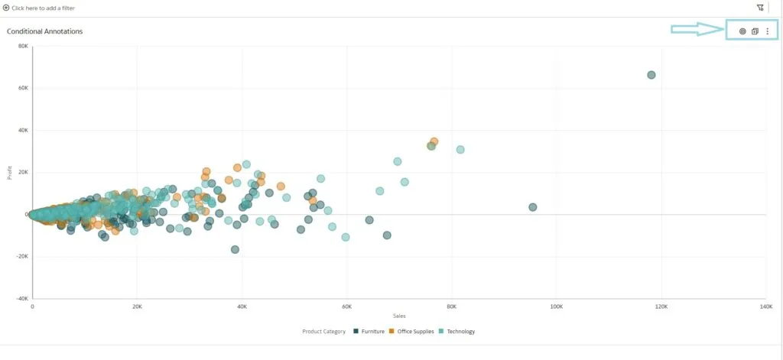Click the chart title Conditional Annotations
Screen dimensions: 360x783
[x=44, y=31]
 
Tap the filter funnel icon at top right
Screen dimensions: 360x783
[x=760, y=8]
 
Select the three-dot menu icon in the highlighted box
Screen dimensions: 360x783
[x=768, y=31]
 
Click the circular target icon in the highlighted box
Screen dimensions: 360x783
[x=742, y=31]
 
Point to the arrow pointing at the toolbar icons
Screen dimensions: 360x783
[x=697, y=30]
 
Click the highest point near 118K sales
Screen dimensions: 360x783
[x=651, y=75]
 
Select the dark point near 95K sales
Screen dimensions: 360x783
[x=533, y=207]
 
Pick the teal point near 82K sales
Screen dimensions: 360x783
[x=460, y=150]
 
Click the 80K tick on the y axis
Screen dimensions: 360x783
[x=24, y=46]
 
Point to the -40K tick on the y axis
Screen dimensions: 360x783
[x=22, y=299]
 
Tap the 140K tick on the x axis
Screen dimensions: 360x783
[x=765, y=306]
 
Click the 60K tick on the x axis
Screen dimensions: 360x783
[x=346, y=306]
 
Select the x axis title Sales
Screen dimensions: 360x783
[x=399, y=316]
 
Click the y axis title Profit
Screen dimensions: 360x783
[x=10, y=173]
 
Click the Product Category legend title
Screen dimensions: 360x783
[x=323, y=332]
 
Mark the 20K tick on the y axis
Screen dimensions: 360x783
[x=24, y=172]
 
